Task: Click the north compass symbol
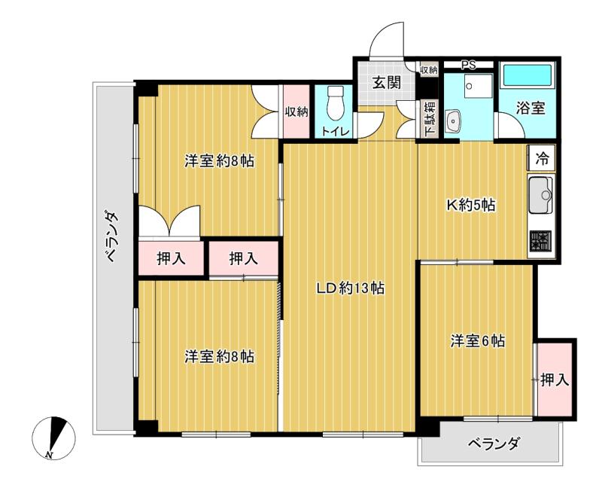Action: click(55, 438)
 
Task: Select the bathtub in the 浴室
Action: click(526, 75)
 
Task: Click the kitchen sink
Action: click(541, 196)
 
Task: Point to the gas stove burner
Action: click(541, 242)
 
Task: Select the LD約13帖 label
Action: click(350, 288)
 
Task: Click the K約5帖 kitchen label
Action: click(472, 204)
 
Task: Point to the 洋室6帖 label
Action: click(477, 340)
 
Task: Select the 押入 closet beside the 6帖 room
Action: click(555, 380)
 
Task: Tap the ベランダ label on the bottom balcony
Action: click(493, 444)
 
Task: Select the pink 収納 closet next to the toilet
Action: click(296, 112)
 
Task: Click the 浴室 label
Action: click(530, 108)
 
